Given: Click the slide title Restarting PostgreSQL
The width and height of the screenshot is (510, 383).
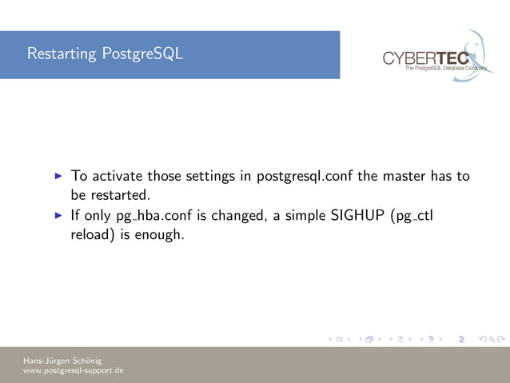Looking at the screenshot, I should coord(105,54).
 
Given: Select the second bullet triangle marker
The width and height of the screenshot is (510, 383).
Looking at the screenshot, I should coord(58,216).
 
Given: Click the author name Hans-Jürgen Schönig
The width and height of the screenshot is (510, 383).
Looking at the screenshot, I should coord(62,360).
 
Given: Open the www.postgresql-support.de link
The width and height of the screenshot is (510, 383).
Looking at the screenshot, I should coord(73,371).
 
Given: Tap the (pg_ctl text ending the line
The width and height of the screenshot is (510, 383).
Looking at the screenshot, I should coord(412,216).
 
